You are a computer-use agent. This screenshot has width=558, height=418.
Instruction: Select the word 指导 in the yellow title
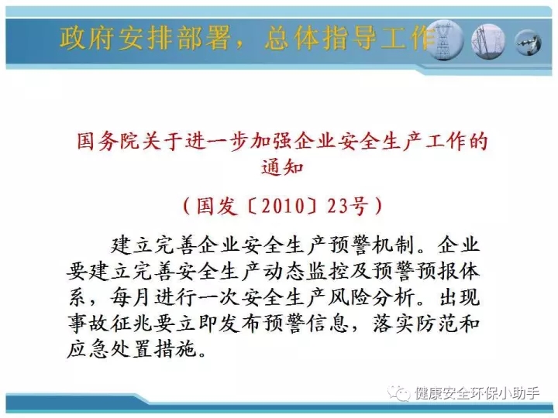(350, 38)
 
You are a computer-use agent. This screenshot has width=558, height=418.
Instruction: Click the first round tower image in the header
(445, 40)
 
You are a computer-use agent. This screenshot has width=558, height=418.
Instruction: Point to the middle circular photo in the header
(488, 41)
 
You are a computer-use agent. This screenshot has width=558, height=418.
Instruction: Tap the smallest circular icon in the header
(528, 43)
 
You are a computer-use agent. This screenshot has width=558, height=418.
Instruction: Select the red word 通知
(282, 167)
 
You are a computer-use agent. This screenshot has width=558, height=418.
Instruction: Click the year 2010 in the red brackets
(284, 206)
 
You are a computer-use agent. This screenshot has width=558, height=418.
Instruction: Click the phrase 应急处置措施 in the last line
(132, 349)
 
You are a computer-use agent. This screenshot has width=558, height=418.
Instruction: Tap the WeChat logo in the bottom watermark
(399, 392)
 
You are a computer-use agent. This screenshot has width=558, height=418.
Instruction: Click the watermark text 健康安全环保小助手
(477, 393)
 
